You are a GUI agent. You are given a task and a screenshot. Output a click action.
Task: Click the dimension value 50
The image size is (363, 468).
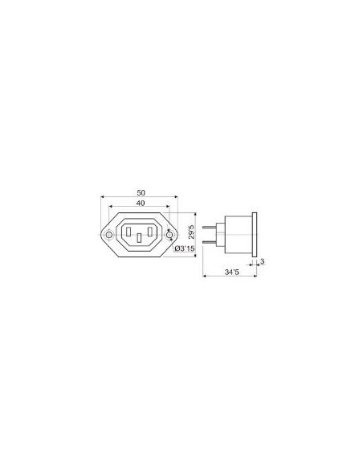(141, 193)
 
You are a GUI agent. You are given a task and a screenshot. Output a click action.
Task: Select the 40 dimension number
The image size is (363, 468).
(141, 204)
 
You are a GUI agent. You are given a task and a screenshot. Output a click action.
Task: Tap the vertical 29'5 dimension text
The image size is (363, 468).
(192, 232)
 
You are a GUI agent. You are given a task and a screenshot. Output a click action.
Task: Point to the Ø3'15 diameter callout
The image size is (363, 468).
(184, 248)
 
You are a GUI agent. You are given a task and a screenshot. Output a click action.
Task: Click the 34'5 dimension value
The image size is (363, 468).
(232, 272)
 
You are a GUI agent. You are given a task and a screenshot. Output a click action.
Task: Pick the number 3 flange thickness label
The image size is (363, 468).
(263, 261)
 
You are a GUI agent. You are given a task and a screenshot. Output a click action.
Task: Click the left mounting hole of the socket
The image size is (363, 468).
(109, 235)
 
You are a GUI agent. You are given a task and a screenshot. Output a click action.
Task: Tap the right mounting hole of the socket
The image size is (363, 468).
(169, 235)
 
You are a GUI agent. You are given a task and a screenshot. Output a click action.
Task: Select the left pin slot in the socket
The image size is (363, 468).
(128, 232)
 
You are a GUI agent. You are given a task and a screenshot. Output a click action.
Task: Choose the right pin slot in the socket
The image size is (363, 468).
(150, 232)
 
